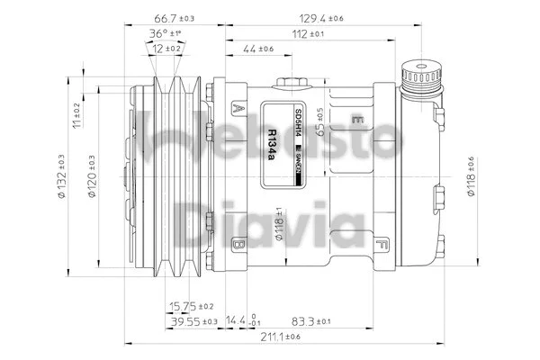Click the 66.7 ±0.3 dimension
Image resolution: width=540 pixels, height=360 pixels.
pos(175,17)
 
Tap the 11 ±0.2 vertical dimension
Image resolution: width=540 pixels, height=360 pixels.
pos(77,116)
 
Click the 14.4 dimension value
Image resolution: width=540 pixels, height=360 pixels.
pos(240,320)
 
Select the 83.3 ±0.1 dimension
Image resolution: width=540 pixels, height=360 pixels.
pos(310,320)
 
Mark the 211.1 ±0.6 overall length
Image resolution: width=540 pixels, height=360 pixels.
pos(281,337)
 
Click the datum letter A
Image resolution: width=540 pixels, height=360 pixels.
pos(238,107)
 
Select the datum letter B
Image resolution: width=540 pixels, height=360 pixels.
pos(238,244)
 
